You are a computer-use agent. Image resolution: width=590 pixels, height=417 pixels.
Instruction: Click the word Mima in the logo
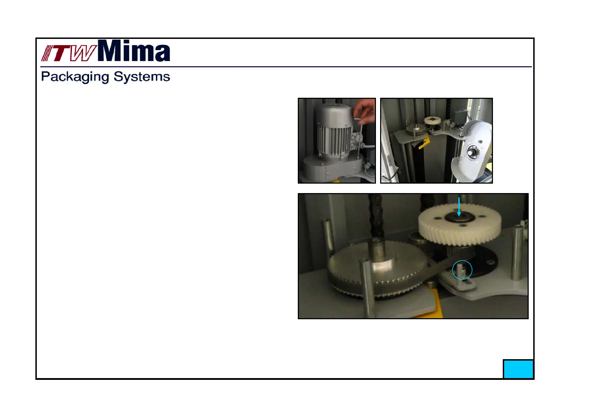tap(134, 50)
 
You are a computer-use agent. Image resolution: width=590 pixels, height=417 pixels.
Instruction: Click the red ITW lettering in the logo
tap(68, 53)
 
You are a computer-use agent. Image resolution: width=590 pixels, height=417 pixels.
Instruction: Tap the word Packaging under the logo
tap(75, 77)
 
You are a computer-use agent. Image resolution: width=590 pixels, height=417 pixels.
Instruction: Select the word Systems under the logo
tap(142, 77)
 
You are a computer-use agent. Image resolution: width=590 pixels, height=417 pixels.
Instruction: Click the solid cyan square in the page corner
tap(518, 369)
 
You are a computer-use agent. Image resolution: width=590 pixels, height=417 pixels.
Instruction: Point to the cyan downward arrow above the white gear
tap(459, 207)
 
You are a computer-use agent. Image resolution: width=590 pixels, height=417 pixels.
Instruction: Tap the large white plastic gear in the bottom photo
tap(460, 224)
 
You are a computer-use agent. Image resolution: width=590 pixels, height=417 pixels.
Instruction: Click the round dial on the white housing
tap(471, 152)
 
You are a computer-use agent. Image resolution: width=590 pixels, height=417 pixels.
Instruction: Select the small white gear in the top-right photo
tap(432, 121)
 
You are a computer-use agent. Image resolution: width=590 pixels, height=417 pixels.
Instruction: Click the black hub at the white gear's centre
tap(460, 217)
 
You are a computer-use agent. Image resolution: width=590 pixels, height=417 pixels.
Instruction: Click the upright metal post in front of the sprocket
tap(367, 288)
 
